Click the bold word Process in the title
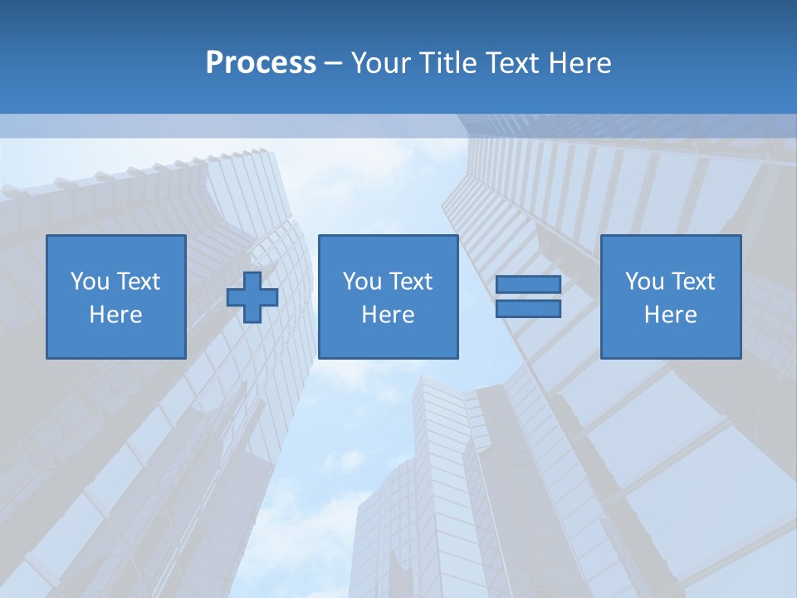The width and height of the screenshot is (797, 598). click(x=261, y=63)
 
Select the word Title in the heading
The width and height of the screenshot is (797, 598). click(x=444, y=63)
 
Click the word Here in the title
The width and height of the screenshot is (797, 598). click(x=582, y=63)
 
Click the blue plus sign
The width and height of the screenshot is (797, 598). click(x=252, y=297)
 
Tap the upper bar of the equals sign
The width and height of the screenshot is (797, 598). click(x=528, y=285)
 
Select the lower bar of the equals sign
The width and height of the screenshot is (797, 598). click(x=528, y=309)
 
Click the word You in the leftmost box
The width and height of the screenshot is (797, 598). click(x=90, y=282)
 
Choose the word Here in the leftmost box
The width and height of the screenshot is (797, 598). click(x=115, y=315)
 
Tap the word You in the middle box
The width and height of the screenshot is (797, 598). click(x=362, y=282)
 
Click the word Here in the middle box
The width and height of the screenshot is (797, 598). click(x=388, y=315)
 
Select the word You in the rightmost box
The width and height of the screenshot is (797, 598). click(x=644, y=282)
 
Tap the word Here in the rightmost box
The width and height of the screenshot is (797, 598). click(x=670, y=315)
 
